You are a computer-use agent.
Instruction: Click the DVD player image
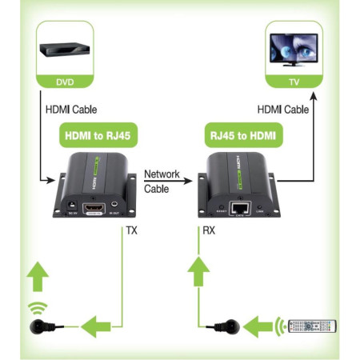tap(65, 50)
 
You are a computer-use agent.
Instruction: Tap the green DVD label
tap(64, 82)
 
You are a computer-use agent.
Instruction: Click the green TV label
tap(294, 82)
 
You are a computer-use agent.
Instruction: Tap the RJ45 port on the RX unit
tap(239, 207)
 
